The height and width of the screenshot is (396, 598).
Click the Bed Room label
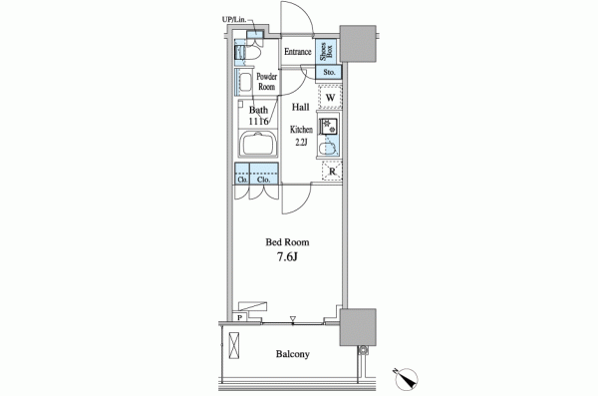tap(287, 242)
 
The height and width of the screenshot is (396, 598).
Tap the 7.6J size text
tap(287, 257)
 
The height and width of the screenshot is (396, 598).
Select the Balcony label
tap(292, 354)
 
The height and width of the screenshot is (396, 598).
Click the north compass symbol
tap(406, 378)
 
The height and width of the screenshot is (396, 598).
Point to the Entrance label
tap(297, 52)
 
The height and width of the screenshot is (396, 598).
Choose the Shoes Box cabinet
tap(326, 51)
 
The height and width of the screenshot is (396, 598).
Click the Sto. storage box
tap(329, 72)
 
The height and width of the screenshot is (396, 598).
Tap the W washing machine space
tap(330, 97)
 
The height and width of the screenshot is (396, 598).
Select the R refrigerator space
tap(332, 172)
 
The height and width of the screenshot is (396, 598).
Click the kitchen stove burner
tap(328, 127)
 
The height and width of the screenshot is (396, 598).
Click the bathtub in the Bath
tap(258, 144)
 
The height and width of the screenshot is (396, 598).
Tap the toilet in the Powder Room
tap(253, 53)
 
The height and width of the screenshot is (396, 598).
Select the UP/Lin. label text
tap(234, 19)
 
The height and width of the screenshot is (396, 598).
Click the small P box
tap(239, 317)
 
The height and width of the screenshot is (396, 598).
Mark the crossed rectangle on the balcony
tap(234, 345)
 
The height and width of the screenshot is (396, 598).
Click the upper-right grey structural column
tap(358, 44)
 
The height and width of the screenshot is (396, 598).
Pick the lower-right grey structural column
tap(358, 327)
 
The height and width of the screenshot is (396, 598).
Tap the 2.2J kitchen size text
tap(301, 143)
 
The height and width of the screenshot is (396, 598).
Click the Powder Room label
tap(266, 82)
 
